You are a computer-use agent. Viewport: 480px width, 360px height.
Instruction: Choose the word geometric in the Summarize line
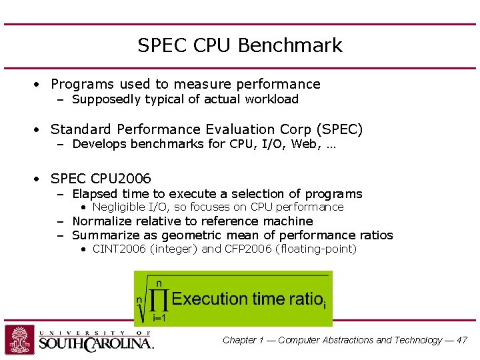pyautogui.click(x=193, y=235)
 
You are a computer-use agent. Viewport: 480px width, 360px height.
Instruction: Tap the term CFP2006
pyautogui.click(x=247, y=249)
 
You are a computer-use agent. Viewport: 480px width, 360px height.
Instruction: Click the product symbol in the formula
pyautogui.click(x=159, y=299)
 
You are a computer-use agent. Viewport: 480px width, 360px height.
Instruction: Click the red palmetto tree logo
pyautogui.click(x=19, y=340)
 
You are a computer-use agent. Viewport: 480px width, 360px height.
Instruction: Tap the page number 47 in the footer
pyautogui.click(x=462, y=340)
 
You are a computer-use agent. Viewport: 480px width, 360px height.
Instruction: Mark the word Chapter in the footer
pyautogui.click(x=239, y=340)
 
